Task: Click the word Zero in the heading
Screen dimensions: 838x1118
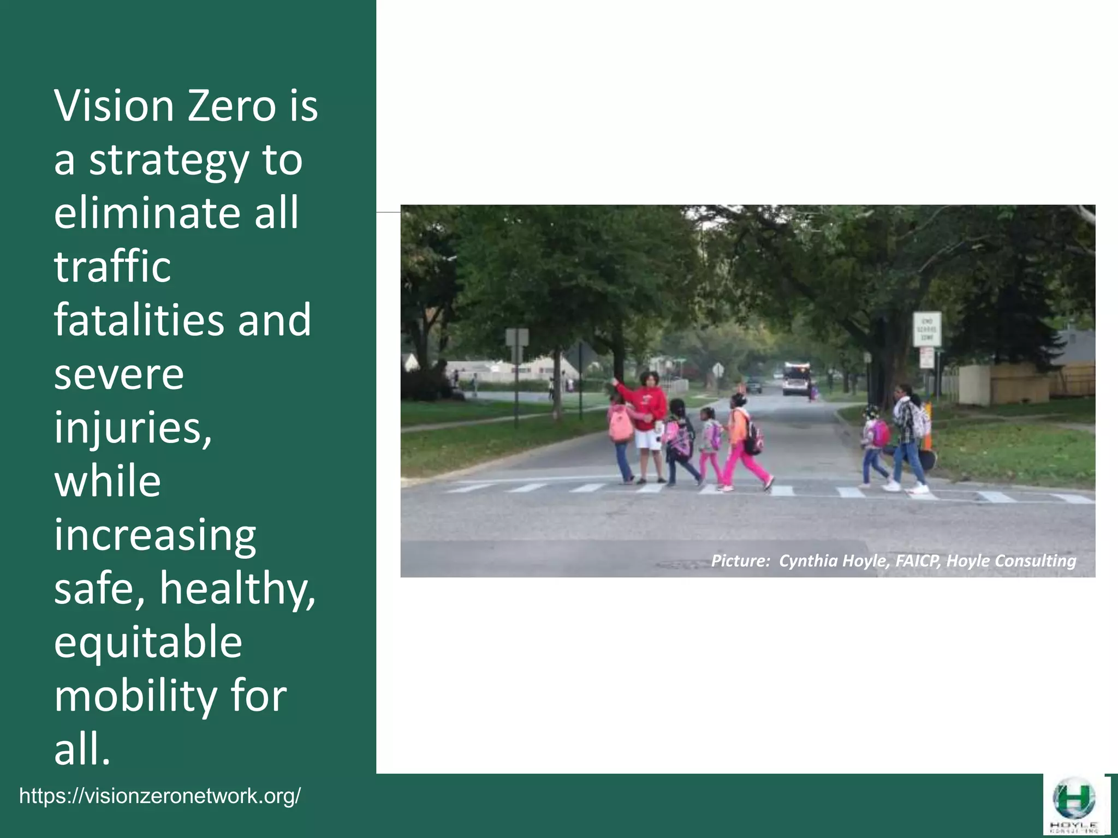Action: point(231,106)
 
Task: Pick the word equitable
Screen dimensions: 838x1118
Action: point(148,642)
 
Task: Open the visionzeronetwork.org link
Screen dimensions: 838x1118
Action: point(160,796)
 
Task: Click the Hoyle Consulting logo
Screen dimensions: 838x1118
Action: point(1074,805)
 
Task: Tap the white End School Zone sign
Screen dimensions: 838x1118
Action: point(927,328)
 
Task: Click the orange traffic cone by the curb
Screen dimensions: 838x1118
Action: point(928,420)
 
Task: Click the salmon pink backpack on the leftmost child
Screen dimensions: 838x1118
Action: point(621,426)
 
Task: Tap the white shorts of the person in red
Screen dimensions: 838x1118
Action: point(647,439)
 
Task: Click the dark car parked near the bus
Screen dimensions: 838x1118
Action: point(754,386)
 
